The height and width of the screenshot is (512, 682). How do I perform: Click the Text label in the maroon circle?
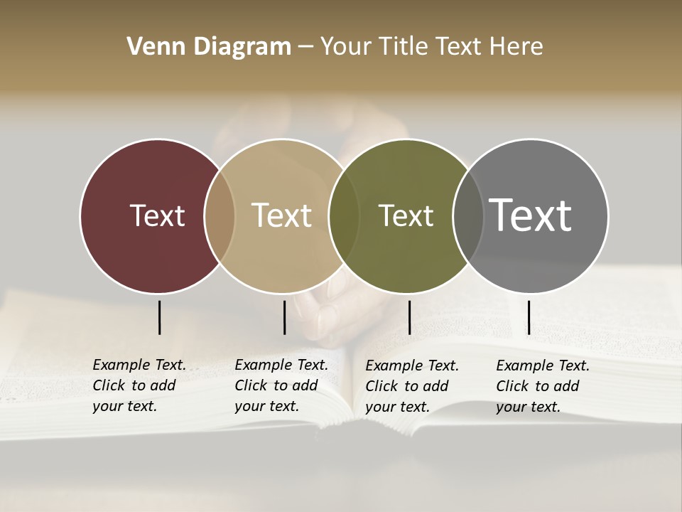coord(157,215)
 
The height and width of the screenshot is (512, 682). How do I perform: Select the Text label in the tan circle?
coord(281,215)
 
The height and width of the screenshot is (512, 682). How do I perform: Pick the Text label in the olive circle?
coord(406,215)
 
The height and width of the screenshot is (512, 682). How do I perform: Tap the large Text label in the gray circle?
coord(530,215)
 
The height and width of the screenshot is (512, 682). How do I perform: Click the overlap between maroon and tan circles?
coord(220,215)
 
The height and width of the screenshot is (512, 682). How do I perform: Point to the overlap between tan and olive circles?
coord(344,215)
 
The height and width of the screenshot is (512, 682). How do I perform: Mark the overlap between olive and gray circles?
coord(467,215)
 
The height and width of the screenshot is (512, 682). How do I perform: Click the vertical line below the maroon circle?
coord(159,317)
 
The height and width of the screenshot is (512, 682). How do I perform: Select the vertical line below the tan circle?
coord(284,317)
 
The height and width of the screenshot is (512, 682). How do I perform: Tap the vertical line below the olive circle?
coord(409,317)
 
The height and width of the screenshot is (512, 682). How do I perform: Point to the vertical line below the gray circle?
coord(529,317)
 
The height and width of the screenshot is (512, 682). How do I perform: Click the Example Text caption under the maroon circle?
coord(139,385)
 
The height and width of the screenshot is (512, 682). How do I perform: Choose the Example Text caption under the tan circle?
coord(281,385)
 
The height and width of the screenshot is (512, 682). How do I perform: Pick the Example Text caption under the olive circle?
coord(411,386)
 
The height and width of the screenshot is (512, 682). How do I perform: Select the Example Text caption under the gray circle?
coord(542,386)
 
